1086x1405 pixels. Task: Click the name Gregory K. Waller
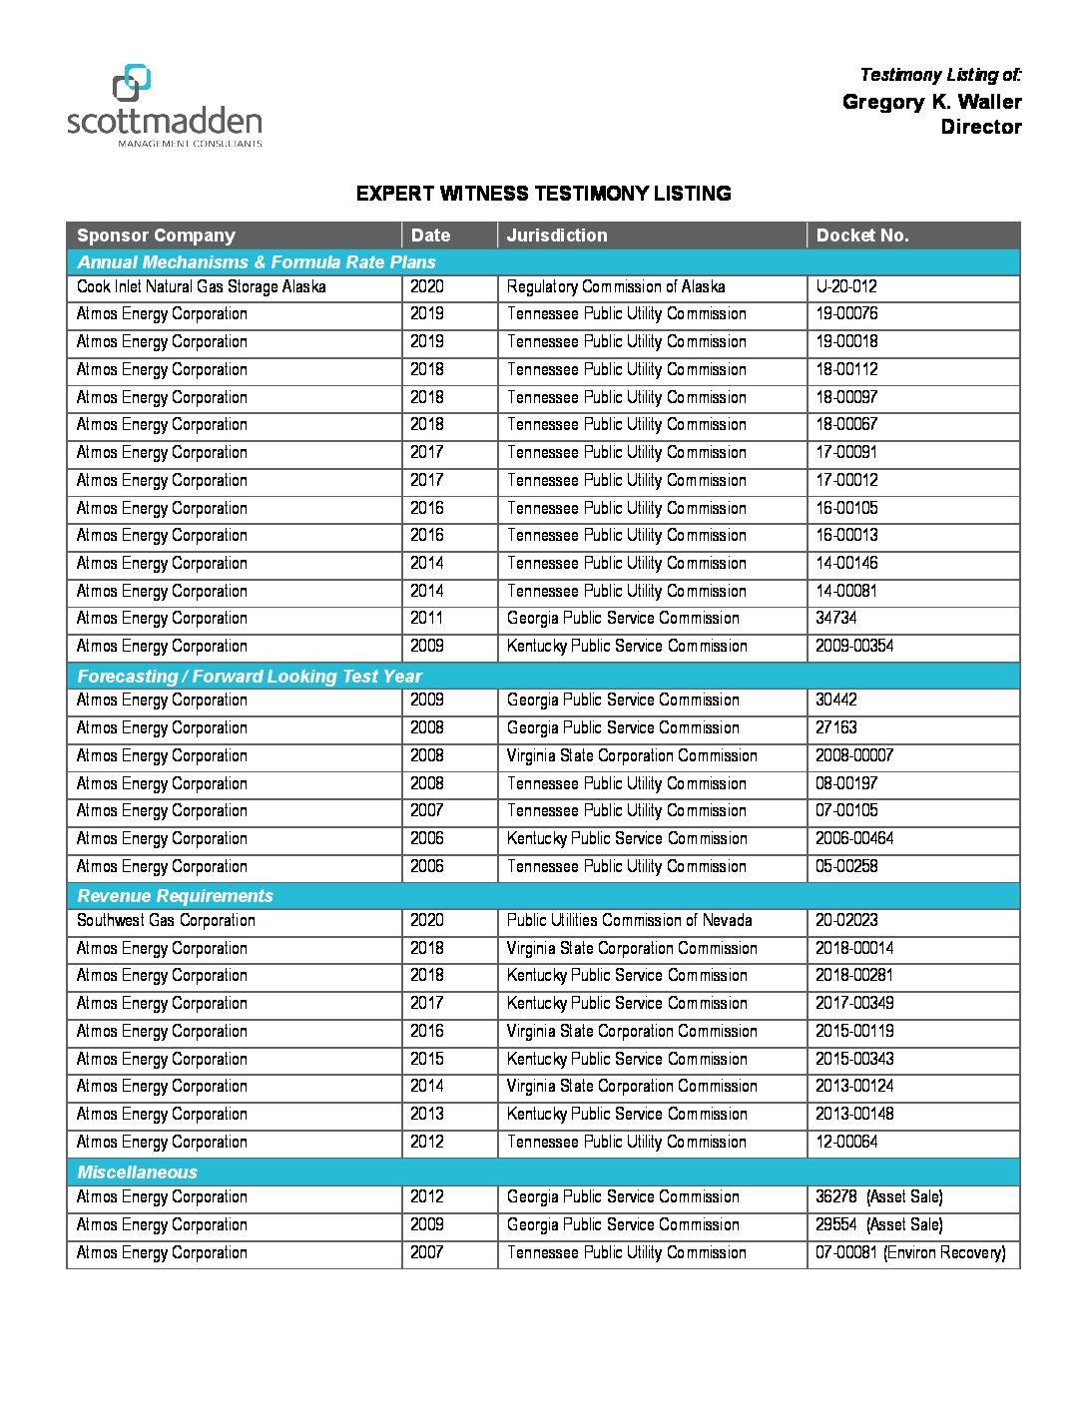click(931, 102)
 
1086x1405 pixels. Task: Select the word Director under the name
click(980, 127)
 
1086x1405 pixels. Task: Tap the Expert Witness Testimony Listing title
click(543, 194)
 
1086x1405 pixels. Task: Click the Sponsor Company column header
click(156, 235)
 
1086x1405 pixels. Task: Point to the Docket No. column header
click(861, 235)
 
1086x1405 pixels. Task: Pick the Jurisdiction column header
click(556, 235)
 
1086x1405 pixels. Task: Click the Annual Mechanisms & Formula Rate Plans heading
click(257, 262)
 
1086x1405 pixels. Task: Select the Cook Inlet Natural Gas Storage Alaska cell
click(201, 287)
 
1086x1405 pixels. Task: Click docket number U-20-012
click(845, 287)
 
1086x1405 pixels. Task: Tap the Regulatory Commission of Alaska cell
click(615, 287)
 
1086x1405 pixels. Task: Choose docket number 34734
click(835, 619)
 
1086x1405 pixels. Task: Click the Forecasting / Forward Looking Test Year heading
click(250, 677)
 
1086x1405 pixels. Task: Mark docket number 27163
click(835, 728)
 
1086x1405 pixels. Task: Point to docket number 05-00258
click(846, 866)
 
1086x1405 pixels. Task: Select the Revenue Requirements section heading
click(175, 896)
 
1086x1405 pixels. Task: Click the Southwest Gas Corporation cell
click(166, 921)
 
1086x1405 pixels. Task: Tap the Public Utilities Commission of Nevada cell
click(629, 921)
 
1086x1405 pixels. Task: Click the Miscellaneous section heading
click(138, 1172)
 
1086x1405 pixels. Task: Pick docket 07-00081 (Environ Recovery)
click(910, 1253)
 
